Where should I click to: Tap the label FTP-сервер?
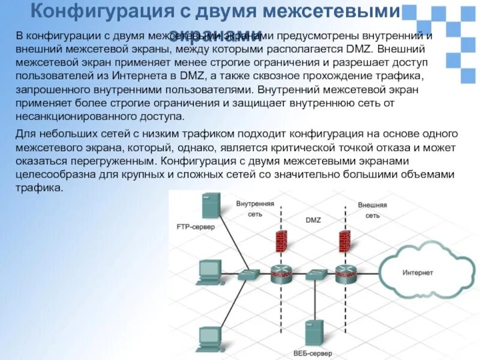[196, 227]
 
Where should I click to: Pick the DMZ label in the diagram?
[313, 220]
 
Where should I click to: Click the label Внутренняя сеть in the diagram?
[255, 209]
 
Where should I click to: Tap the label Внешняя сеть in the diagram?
[372, 209]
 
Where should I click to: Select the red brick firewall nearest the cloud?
[344, 241]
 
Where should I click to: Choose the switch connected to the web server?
[314, 275]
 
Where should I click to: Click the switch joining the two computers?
[248, 274]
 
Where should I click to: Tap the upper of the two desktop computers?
[209, 271]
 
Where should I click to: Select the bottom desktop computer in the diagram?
[209, 338]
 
